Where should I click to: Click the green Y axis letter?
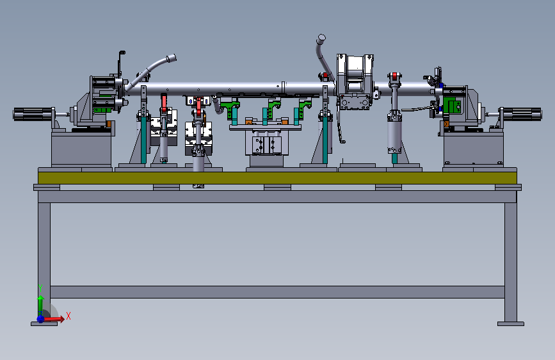point(40,288)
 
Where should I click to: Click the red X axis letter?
point(68,316)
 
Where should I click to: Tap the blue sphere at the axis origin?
point(41,319)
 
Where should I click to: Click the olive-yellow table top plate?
point(277,178)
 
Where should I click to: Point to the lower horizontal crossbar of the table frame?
point(277,292)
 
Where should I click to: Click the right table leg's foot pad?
point(510,323)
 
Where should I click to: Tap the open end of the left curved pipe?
point(172,58)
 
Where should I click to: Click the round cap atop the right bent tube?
point(321,38)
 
